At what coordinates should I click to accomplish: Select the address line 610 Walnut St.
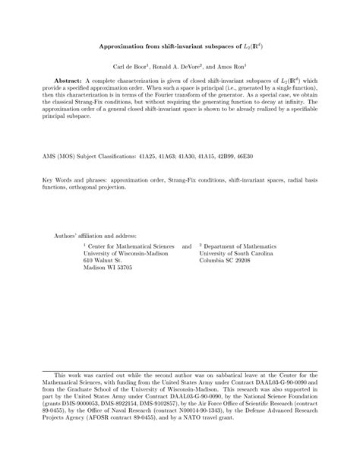pos(103,260)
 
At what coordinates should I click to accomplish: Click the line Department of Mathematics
pos(241,246)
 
